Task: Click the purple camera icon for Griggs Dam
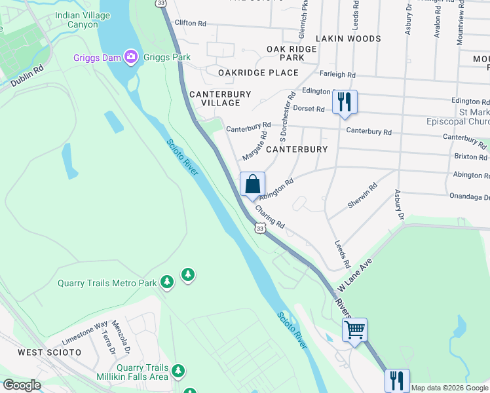click(x=131, y=58)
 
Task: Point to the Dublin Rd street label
click(x=28, y=75)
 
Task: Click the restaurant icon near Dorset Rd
click(x=344, y=102)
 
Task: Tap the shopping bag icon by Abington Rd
click(x=252, y=184)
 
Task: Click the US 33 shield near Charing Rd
click(x=260, y=228)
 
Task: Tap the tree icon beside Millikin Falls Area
click(x=178, y=372)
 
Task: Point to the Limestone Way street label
click(x=84, y=333)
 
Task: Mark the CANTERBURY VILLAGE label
click(x=220, y=99)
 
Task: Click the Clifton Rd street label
click(x=190, y=24)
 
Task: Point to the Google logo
click(x=22, y=385)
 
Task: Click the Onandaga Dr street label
click(x=469, y=197)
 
